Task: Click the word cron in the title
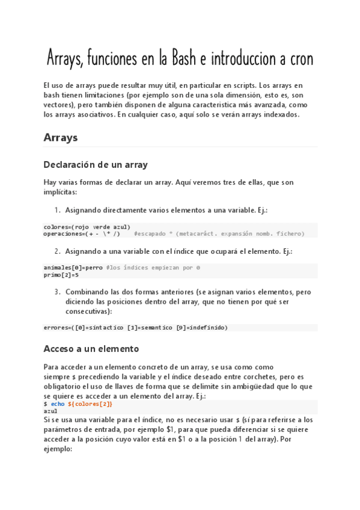click(x=298, y=59)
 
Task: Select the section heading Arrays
click(x=61, y=137)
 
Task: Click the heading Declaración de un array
click(x=96, y=164)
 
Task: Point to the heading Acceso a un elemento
click(x=91, y=348)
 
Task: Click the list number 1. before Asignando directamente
click(x=58, y=210)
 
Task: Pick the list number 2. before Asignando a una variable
click(x=58, y=251)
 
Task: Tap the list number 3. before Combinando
click(x=58, y=292)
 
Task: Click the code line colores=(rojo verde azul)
click(x=87, y=227)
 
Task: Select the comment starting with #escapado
click(x=219, y=233)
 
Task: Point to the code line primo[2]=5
click(x=61, y=274)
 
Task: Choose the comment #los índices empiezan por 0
click(x=153, y=267)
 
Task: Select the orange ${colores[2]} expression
click(x=90, y=404)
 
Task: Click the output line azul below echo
click(x=51, y=411)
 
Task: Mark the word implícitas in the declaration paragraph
click(x=60, y=192)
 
